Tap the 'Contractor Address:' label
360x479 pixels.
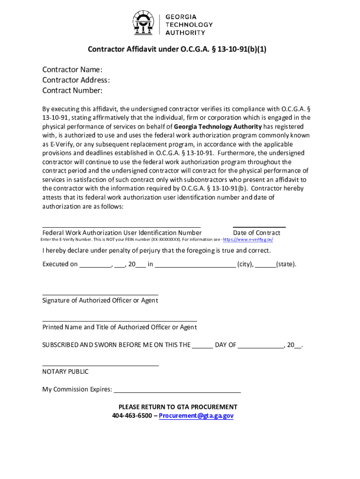pos(76,80)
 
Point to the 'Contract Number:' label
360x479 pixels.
pos(72,90)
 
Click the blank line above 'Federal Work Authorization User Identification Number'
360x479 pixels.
pos(122,225)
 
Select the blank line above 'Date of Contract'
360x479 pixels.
pos(259,225)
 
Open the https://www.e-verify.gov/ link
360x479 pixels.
pos(248,239)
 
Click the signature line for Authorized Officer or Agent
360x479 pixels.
pos(100,295)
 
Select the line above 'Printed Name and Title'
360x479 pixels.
pos(120,321)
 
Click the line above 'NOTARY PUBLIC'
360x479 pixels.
pos(101,365)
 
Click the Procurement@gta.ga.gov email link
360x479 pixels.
pos(196,416)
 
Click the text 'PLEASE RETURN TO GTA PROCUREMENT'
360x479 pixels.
pos(178,407)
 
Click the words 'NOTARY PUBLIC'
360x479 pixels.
pos(65,372)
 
